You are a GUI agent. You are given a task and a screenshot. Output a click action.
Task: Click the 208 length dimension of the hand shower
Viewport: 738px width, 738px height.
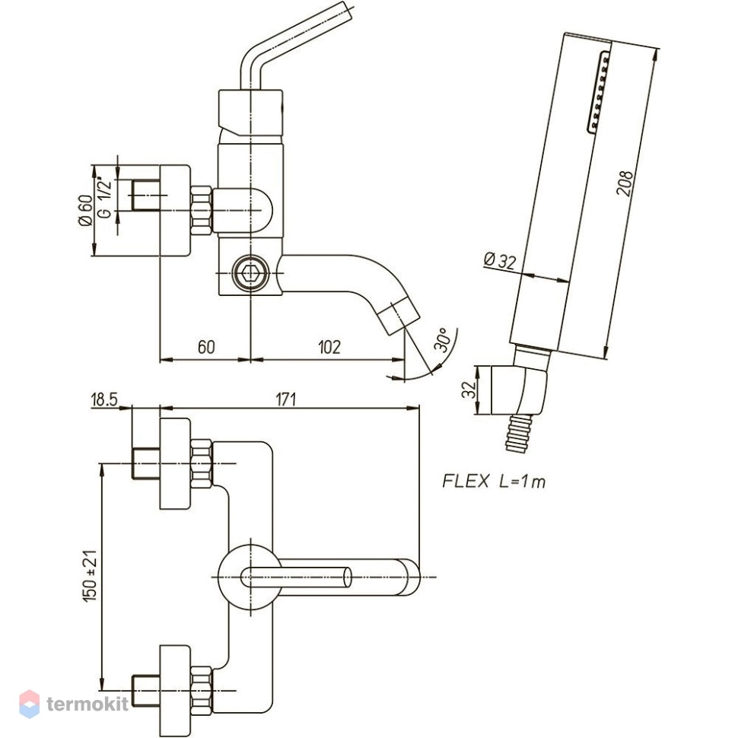(x=625, y=183)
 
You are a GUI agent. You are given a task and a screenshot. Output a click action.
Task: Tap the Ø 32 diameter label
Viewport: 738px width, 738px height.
(x=500, y=260)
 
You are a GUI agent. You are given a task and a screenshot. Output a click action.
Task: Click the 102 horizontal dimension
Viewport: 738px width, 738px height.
(x=329, y=347)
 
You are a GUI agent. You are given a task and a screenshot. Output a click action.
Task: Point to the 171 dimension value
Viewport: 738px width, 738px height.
(x=286, y=399)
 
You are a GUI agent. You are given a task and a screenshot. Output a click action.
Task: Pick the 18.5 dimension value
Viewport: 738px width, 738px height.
(x=104, y=399)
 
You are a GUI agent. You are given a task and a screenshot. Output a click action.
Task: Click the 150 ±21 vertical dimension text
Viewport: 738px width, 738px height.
(x=90, y=575)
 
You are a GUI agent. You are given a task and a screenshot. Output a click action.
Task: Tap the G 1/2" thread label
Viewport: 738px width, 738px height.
(x=105, y=198)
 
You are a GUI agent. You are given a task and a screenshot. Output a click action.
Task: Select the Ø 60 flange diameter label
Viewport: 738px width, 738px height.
(x=85, y=211)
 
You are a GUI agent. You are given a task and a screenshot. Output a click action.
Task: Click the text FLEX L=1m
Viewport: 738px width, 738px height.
(x=494, y=481)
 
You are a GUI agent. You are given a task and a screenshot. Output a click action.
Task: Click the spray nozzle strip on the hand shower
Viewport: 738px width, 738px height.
(x=598, y=91)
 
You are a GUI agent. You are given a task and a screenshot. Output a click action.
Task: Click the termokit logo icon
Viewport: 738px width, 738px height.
(x=29, y=704)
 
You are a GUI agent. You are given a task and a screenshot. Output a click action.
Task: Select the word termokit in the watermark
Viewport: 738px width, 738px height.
(x=87, y=704)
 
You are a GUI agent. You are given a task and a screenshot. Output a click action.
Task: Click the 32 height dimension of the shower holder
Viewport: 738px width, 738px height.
(x=469, y=390)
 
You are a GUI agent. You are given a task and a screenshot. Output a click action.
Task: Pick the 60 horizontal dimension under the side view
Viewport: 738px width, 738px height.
(x=206, y=347)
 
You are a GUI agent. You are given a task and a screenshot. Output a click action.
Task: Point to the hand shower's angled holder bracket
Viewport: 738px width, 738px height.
(x=519, y=391)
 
